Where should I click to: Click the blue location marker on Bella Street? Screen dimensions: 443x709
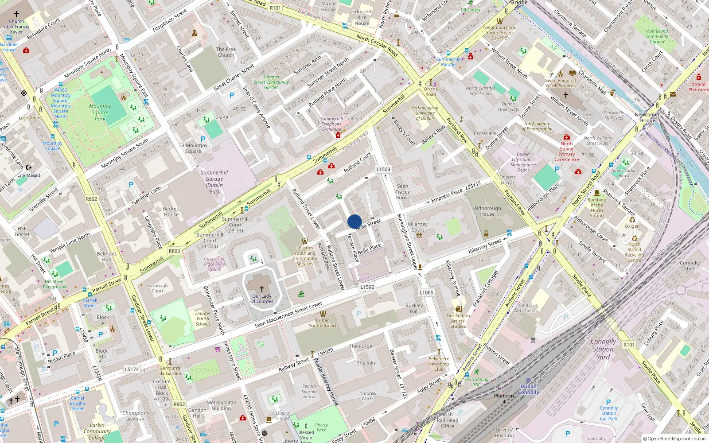(x=354, y=221)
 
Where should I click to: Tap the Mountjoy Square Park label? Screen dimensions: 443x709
(x=100, y=112)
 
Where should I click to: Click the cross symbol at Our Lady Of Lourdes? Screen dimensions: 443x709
(x=262, y=288)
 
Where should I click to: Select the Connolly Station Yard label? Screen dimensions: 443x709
(x=603, y=349)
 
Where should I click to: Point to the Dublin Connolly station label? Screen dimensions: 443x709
(x=528, y=389)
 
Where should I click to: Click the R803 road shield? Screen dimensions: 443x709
(x=175, y=251)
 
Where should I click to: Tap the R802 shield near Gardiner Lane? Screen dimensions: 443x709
(x=92, y=199)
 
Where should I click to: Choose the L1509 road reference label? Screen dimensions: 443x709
(x=383, y=169)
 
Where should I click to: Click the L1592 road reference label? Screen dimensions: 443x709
(x=367, y=287)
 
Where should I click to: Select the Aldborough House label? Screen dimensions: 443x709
(x=487, y=211)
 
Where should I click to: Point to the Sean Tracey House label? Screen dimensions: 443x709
(x=402, y=192)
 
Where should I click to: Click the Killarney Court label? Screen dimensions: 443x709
(x=418, y=227)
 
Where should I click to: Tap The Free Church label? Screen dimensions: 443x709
(x=226, y=52)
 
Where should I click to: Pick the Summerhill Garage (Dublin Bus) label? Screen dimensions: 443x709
(x=214, y=182)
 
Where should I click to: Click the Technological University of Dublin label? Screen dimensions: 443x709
(x=425, y=113)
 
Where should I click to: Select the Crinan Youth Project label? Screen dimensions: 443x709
(x=323, y=323)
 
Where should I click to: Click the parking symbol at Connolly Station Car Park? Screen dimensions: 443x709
(x=608, y=402)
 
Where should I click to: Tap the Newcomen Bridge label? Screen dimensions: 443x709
(x=647, y=117)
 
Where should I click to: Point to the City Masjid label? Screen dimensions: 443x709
(x=28, y=175)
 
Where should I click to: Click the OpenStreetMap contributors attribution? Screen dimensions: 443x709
(x=675, y=439)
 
